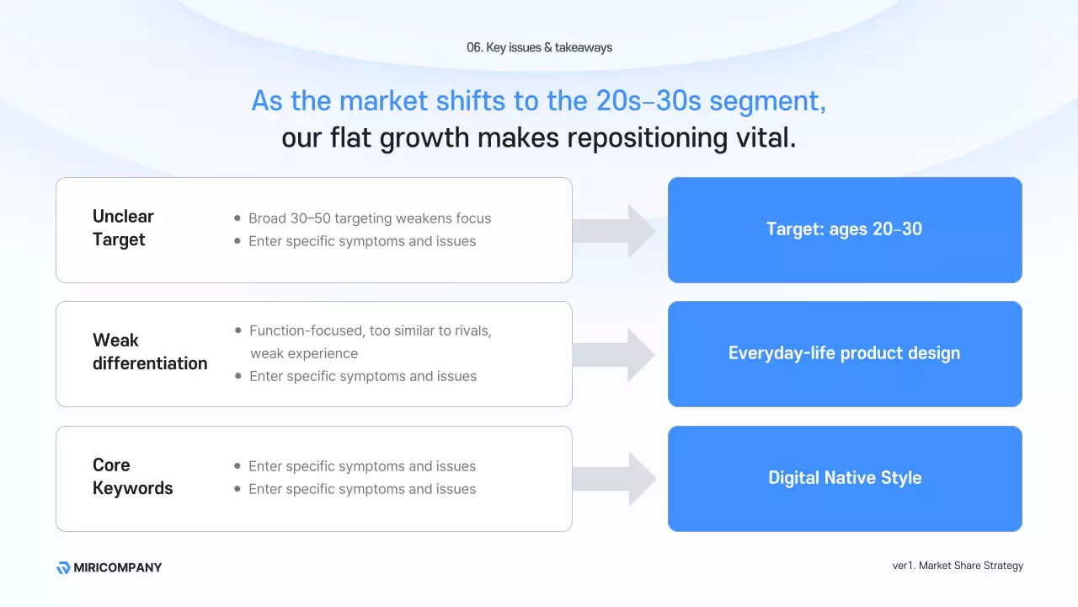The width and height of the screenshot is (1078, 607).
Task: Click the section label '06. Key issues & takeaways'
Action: click(539, 47)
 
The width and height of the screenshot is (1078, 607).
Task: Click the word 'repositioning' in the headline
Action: click(648, 138)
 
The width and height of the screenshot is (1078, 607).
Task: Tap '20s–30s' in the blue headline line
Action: click(648, 100)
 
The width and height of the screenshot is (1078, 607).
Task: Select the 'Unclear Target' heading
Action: click(123, 228)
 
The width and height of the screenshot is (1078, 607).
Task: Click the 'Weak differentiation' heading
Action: click(150, 352)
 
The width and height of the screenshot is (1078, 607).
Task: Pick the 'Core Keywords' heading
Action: click(133, 476)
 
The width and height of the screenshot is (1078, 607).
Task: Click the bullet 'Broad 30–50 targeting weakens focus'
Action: click(370, 218)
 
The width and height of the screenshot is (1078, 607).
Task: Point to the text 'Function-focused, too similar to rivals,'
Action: click(370, 330)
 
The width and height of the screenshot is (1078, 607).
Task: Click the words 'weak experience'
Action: click(304, 353)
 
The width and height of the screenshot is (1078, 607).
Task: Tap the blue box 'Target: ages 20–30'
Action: click(845, 230)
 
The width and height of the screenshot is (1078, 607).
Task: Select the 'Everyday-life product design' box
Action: click(845, 354)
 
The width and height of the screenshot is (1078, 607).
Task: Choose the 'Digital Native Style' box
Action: click(845, 479)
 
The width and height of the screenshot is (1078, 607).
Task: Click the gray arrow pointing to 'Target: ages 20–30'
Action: click(614, 231)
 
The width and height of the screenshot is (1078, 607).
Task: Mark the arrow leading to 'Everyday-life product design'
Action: click(614, 355)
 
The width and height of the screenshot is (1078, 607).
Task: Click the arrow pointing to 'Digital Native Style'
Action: click(614, 479)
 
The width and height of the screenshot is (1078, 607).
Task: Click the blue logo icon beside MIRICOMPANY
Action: click(63, 568)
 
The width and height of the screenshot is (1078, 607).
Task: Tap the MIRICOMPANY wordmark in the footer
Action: click(117, 567)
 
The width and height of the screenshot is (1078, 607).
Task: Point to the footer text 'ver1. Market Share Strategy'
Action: click(958, 566)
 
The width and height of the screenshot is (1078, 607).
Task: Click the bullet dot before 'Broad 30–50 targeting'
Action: click(237, 218)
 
